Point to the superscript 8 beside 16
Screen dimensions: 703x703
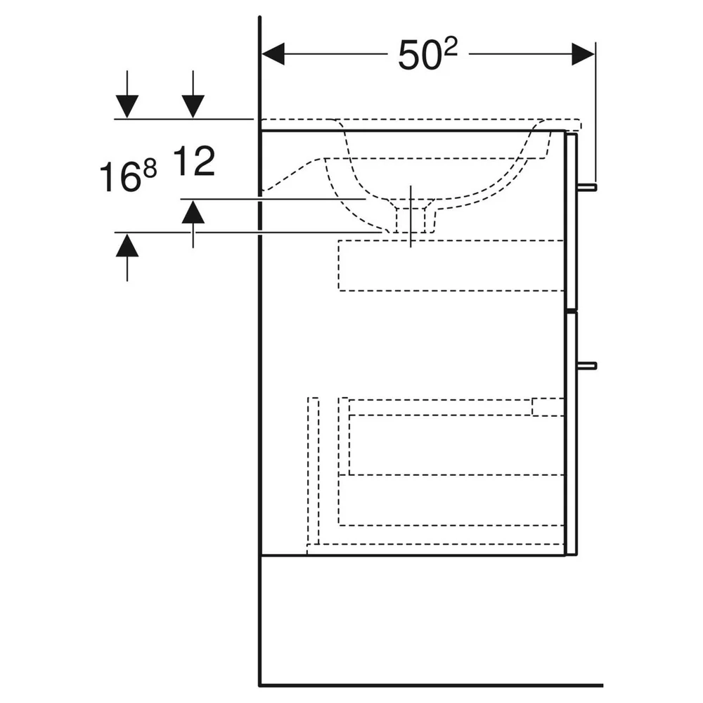(x=149, y=169)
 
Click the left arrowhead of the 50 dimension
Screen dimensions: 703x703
(x=273, y=54)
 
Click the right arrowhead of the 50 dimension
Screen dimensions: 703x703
(x=583, y=54)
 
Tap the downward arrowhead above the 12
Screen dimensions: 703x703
(x=193, y=106)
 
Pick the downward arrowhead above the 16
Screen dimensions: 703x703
(x=127, y=106)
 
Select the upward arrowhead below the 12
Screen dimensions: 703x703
(x=193, y=212)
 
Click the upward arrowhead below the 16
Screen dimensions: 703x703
(x=127, y=245)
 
